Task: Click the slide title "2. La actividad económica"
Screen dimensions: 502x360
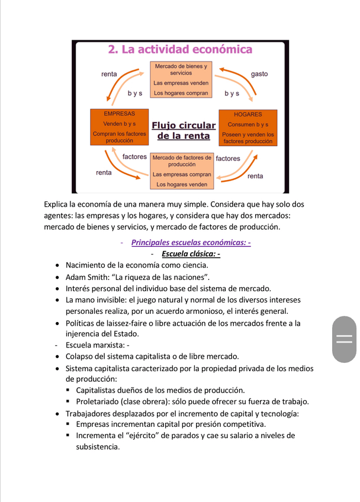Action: click(180, 50)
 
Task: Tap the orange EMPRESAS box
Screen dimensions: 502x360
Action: click(119, 128)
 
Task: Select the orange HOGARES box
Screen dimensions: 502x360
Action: click(248, 128)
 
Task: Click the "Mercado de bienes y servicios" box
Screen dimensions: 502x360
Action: click(181, 80)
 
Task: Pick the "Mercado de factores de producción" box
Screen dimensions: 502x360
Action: click(181, 171)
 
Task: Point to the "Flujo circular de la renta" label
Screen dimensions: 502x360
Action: click(184, 130)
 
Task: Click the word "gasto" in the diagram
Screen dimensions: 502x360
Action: click(259, 74)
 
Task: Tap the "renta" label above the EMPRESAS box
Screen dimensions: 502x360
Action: click(109, 74)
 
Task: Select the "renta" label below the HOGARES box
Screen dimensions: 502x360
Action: click(255, 176)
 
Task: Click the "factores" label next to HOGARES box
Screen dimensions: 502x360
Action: click(228, 159)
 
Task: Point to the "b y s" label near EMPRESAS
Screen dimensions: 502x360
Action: click(135, 94)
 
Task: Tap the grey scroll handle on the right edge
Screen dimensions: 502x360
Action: click(344, 339)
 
